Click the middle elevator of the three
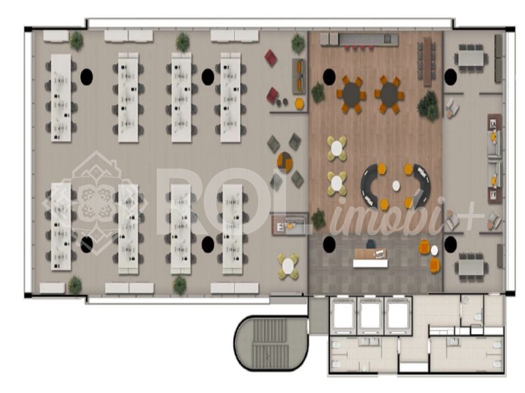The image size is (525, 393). click(x=371, y=316)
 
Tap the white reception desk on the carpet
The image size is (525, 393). click(x=370, y=263)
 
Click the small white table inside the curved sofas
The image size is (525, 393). click(x=396, y=185)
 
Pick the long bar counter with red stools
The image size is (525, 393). click(x=359, y=41)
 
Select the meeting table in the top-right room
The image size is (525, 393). click(x=470, y=58)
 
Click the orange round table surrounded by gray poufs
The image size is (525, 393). click(x=285, y=159)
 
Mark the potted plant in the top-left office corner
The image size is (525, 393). click(x=77, y=41)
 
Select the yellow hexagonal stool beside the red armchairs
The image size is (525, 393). click(x=299, y=103)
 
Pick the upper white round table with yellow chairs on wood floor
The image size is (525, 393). click(x=337, y=147)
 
